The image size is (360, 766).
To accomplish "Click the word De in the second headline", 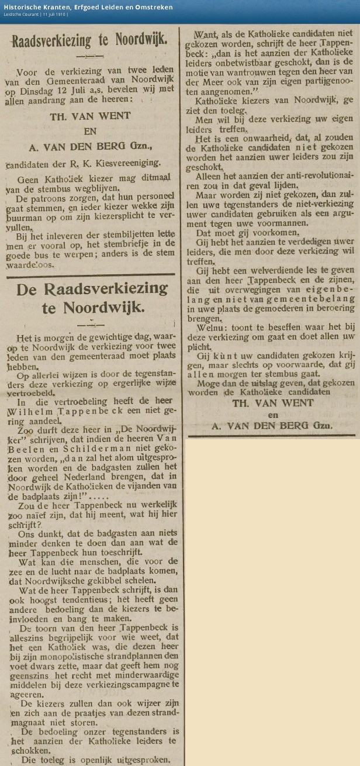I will [29, 289].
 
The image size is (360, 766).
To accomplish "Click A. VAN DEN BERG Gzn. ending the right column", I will [272, 426].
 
